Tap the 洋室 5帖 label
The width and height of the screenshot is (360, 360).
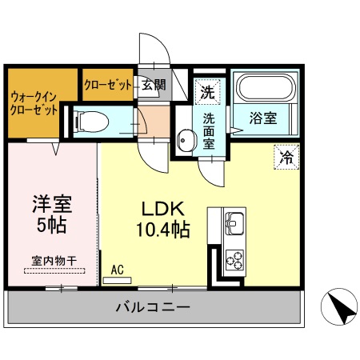pos(52,214)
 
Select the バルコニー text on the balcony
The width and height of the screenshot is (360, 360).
pos(152,306)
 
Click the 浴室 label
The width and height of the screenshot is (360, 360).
pos(262,118)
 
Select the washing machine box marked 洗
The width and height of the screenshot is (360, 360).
pos(207,91)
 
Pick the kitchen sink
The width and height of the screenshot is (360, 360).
pos(235,222)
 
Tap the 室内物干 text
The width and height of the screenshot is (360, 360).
pos(54,260)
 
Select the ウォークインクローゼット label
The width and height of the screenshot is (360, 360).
pos(34,105)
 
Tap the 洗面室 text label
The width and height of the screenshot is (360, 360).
pos(208,131)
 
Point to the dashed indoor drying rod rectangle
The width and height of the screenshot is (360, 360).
pos(54,270)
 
